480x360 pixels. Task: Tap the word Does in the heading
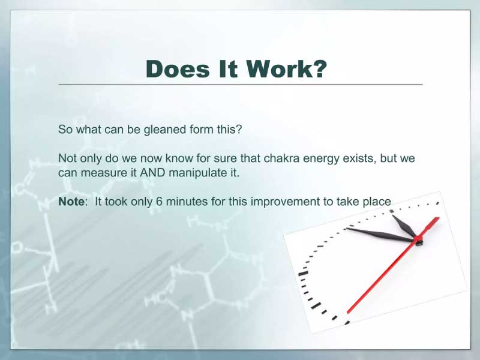(x=178, y=68)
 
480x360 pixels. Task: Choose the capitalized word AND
(x=152, y=173)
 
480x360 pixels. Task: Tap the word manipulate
(x=197, y=173)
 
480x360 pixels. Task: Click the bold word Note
(x=71, y=202)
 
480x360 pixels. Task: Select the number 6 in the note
(x=159, y=202)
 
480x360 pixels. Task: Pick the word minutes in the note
(x=182, y=202)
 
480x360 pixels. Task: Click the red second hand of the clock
(x=393, y=265)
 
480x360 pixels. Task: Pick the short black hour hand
(x=404, y=226)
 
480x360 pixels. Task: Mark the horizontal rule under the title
(x=241, y=85)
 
